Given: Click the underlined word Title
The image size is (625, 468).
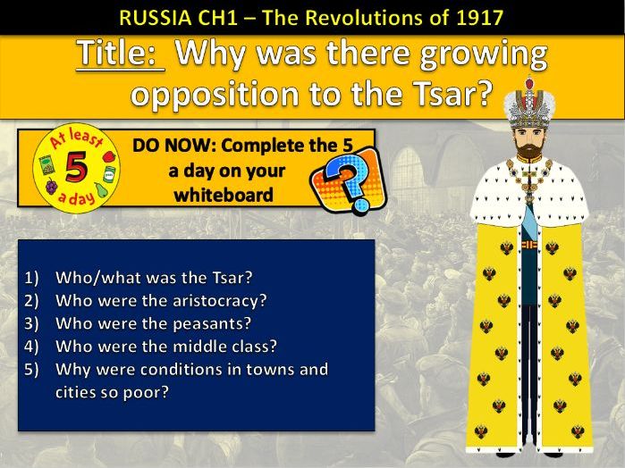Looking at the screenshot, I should (121, 54).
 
